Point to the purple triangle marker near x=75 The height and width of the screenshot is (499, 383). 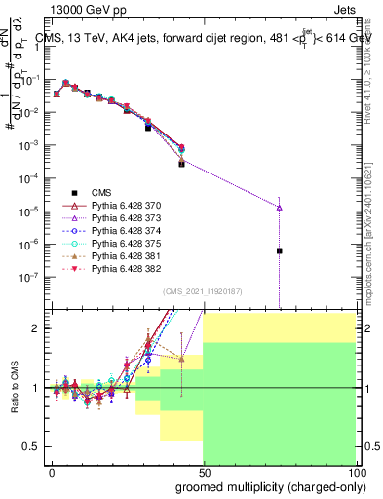click(x=280, y=207)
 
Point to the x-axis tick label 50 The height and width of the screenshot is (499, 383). click(x=203, y=472)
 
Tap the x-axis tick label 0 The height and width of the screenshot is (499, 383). click(x=52, y=472)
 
